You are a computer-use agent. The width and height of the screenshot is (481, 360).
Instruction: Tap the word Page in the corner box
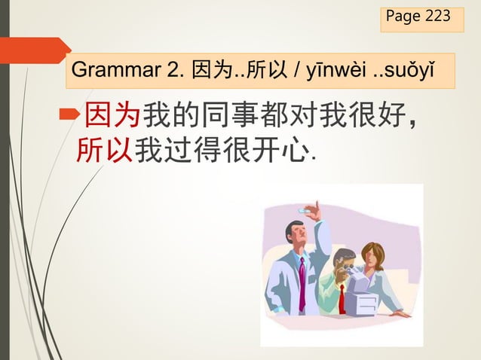tap(403, 17)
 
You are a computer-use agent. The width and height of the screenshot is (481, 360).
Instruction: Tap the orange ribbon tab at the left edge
tap(34, 50)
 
